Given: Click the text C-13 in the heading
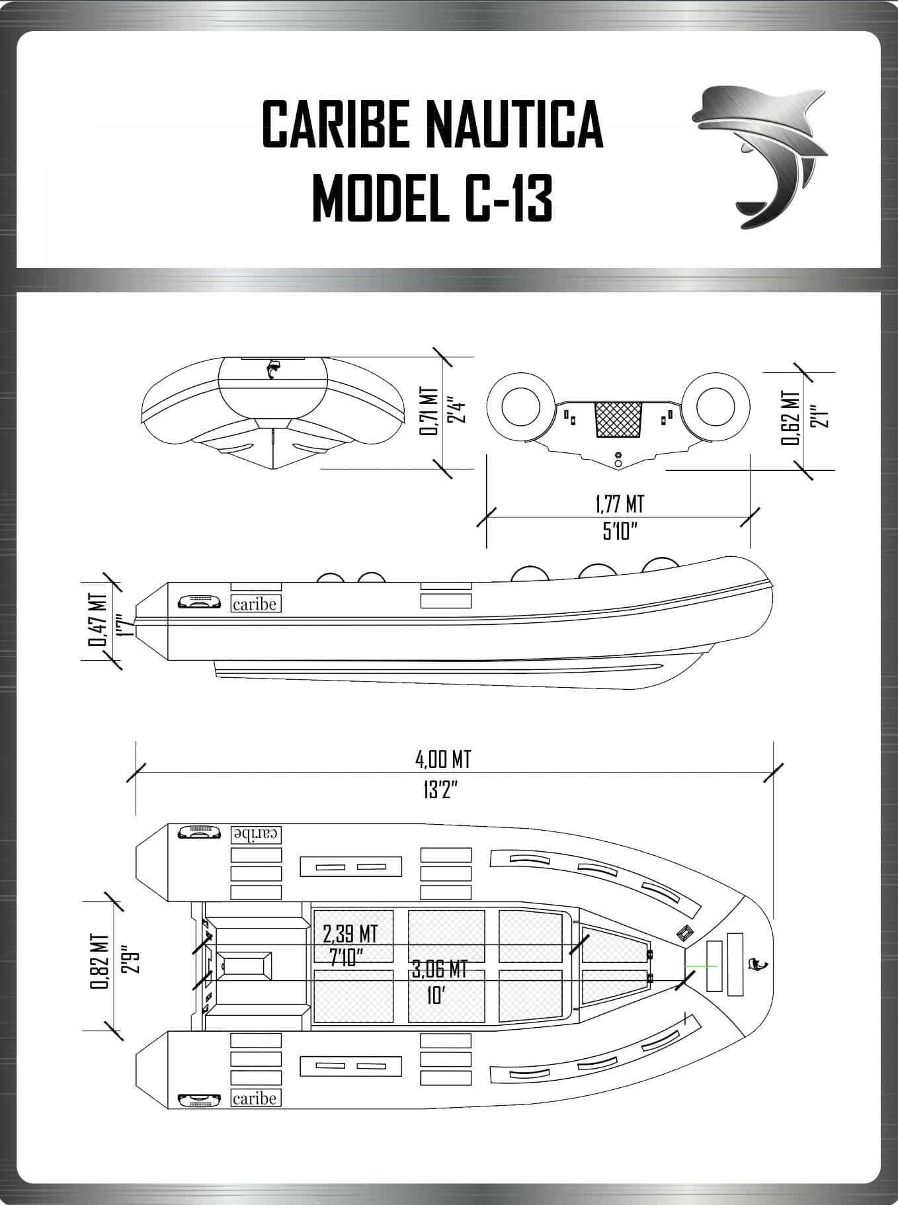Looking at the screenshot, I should coord(508,198).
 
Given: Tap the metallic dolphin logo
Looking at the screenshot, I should coord(760,155).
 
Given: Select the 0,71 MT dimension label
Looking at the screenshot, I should coord(429,411).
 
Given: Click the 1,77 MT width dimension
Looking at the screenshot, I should coord(619,505).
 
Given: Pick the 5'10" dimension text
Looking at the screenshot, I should coord(619,530).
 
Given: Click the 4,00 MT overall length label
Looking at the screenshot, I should coord(443,759).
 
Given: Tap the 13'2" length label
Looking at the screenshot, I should coord(441,790).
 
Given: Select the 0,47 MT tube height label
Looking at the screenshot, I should coord(99,620).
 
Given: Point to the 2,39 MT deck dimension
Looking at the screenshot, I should coord(350,934).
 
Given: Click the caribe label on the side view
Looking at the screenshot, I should coord(255,604).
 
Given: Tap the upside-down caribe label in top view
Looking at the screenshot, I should coord(256,835).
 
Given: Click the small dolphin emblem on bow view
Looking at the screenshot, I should coord(272,369).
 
